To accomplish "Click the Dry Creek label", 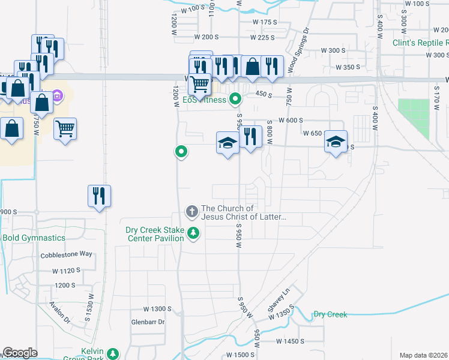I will coord(330,314).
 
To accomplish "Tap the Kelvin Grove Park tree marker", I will coord(112,355).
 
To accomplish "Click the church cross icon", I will coord(191,211).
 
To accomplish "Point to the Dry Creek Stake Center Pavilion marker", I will coord(193,233).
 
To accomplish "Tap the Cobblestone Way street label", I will coord(67,254).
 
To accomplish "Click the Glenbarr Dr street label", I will coord(148,322).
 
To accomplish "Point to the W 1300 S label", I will coord(157,309).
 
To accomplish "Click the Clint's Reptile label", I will coord(420,43).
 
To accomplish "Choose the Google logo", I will coord(20,353).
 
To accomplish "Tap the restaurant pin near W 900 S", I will coord(100,196).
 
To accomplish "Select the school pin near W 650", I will coord(336,142).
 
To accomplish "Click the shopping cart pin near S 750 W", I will coord(65,128).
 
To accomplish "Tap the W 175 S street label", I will coord(265,22).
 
